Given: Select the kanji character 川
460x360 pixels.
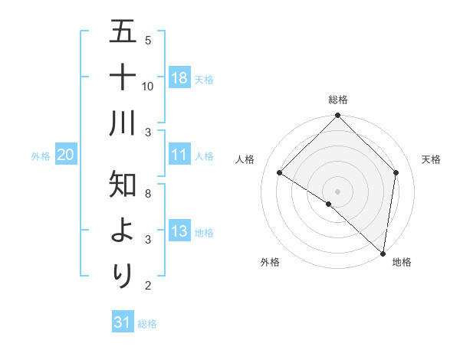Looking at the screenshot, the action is (123, 123).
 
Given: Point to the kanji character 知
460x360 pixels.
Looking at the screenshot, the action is (123, 185).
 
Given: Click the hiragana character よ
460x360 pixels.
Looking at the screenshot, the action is (123, 231).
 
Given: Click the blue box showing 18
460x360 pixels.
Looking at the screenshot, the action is (179, 77).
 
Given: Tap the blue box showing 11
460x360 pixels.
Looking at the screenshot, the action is (179, 155).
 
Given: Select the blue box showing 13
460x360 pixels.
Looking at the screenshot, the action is (179, 231).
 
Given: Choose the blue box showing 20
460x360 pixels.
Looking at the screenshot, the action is (65, 155).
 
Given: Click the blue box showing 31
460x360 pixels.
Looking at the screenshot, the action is (123, 322).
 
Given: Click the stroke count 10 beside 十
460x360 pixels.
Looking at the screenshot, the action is (148, 86).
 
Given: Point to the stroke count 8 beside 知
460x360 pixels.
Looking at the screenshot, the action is (148, 193).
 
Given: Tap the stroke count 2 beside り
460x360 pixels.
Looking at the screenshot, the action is (148, 286).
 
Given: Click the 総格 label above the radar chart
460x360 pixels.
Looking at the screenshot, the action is (338, 100).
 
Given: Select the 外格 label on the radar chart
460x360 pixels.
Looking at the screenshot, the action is (270, 262).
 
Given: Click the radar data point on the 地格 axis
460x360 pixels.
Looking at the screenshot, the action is (383, 253).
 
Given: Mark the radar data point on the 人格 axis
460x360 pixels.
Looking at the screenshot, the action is (280, 173).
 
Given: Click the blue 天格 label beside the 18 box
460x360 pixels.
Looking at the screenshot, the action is (204, 79).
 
